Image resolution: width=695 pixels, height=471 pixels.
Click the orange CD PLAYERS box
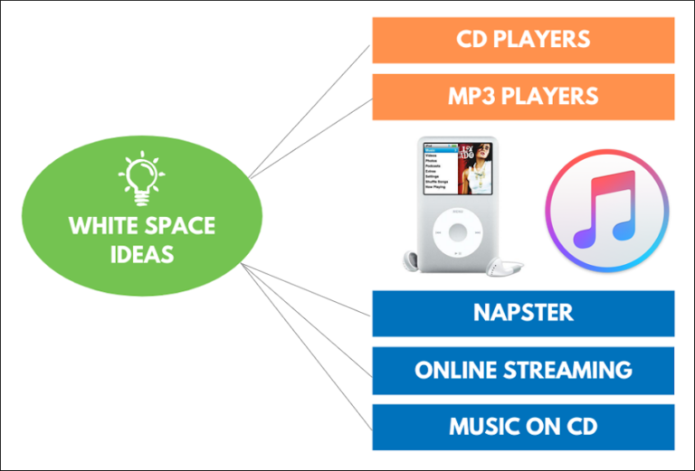(523, 40)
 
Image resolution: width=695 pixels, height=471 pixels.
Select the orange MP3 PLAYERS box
(523, 96)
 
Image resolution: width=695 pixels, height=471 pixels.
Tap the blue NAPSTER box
(523, 313)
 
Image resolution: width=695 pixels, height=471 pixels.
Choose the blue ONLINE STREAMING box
(523, 370)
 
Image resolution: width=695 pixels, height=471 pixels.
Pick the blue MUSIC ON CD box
(523, 427)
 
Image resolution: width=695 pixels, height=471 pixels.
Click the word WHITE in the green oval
(100, 225)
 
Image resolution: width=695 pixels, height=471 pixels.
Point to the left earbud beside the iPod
(409, 261)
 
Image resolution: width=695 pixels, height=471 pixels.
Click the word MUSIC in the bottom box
(481, 427)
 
